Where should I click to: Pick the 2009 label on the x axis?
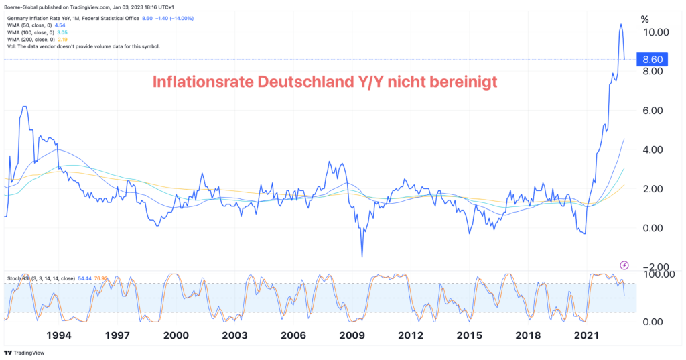[x=352, y=335]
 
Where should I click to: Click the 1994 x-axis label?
[x=59, y=335]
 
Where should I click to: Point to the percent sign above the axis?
[x=644, y=19]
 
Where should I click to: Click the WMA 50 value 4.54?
[x=60, y=25]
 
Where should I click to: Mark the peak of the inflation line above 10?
[x=620, y=24]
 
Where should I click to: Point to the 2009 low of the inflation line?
[x=362, y=256]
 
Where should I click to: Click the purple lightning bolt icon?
[x=624, y=265]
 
